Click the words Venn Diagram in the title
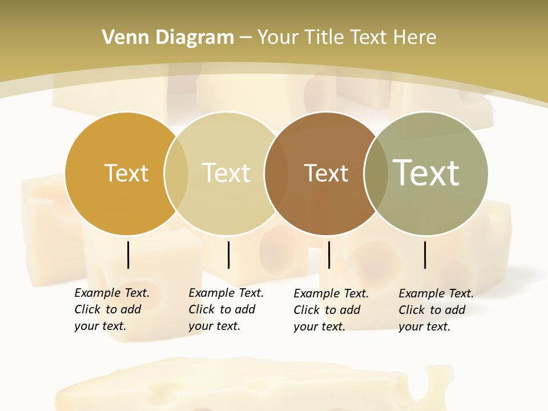[168, 38]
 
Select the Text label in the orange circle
[126, 173]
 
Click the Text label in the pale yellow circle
[227, 173]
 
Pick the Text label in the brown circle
[326, 173]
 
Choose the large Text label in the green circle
[426, 172]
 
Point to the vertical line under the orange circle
[128, 255]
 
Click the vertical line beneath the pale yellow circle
[228, 255]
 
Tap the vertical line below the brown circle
[329, 255]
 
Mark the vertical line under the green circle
[425, 255]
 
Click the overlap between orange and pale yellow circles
[176, 173]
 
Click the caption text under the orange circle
[112, 309]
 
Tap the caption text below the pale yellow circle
[226, 309]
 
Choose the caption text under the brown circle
[331, 310]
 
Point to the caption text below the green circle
[436, 310]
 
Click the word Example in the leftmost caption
[97, 293]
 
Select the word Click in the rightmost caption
[412, 310]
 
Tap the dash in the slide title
[245, 38]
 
